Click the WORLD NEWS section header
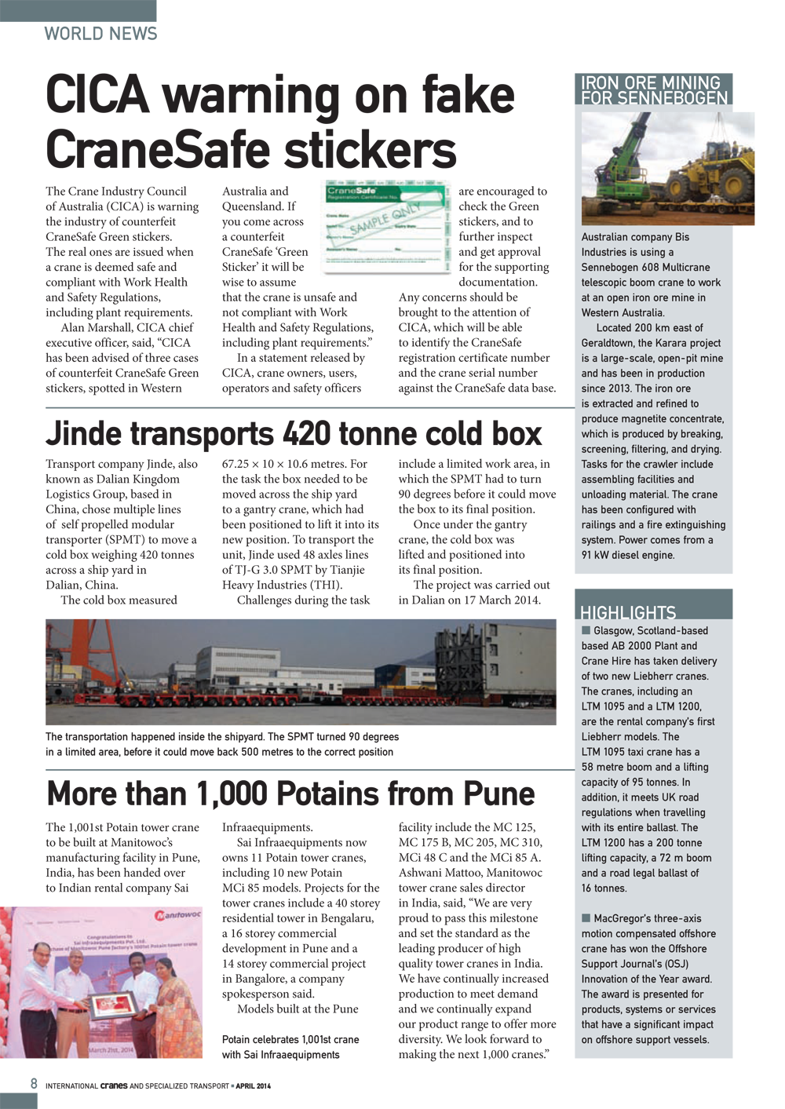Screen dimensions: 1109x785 pyautogui.click(x=100, y=34)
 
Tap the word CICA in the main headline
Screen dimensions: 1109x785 pyautogui.click(x=97, y=95)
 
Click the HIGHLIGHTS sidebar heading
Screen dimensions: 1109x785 pyautogui.click(x=627, y=612)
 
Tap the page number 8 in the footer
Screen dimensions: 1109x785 pyautogui.click(x=34, y=1084)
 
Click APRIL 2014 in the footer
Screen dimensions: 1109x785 pyautogui.click(x=253, y=1086)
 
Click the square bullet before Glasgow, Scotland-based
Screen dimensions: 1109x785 pyautogui.click(x=586, y=630)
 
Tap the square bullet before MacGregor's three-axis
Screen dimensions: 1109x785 pyautogui.click(x=586, y=918)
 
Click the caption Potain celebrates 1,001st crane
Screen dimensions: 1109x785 pyautogui.click(x=290, y=1040)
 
